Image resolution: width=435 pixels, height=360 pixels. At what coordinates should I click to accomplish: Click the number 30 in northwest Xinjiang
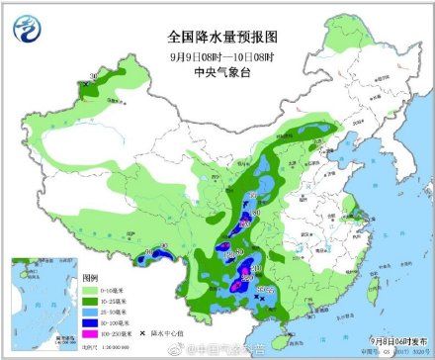[x=93, y=75]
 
